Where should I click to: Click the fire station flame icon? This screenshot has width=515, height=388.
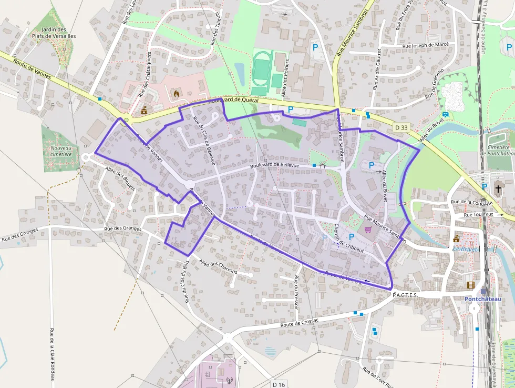coord(176,94)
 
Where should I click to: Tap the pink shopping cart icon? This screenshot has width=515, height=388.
coord(368,229)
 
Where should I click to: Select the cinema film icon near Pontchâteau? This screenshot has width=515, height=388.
coord(471,285)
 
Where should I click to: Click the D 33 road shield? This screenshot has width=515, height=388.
coord(401,127)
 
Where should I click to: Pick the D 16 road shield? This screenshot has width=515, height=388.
coord(279,384)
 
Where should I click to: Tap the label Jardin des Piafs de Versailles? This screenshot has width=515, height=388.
coord(54,33)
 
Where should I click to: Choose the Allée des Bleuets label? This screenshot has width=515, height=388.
coord(120,179)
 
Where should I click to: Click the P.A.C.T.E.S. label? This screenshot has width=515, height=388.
coord(405,295)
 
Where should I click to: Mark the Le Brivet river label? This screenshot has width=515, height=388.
coord(465,248)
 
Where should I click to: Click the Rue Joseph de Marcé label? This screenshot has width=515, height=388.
coord(425,45)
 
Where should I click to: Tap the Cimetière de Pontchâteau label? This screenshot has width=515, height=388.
coord(498,150)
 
